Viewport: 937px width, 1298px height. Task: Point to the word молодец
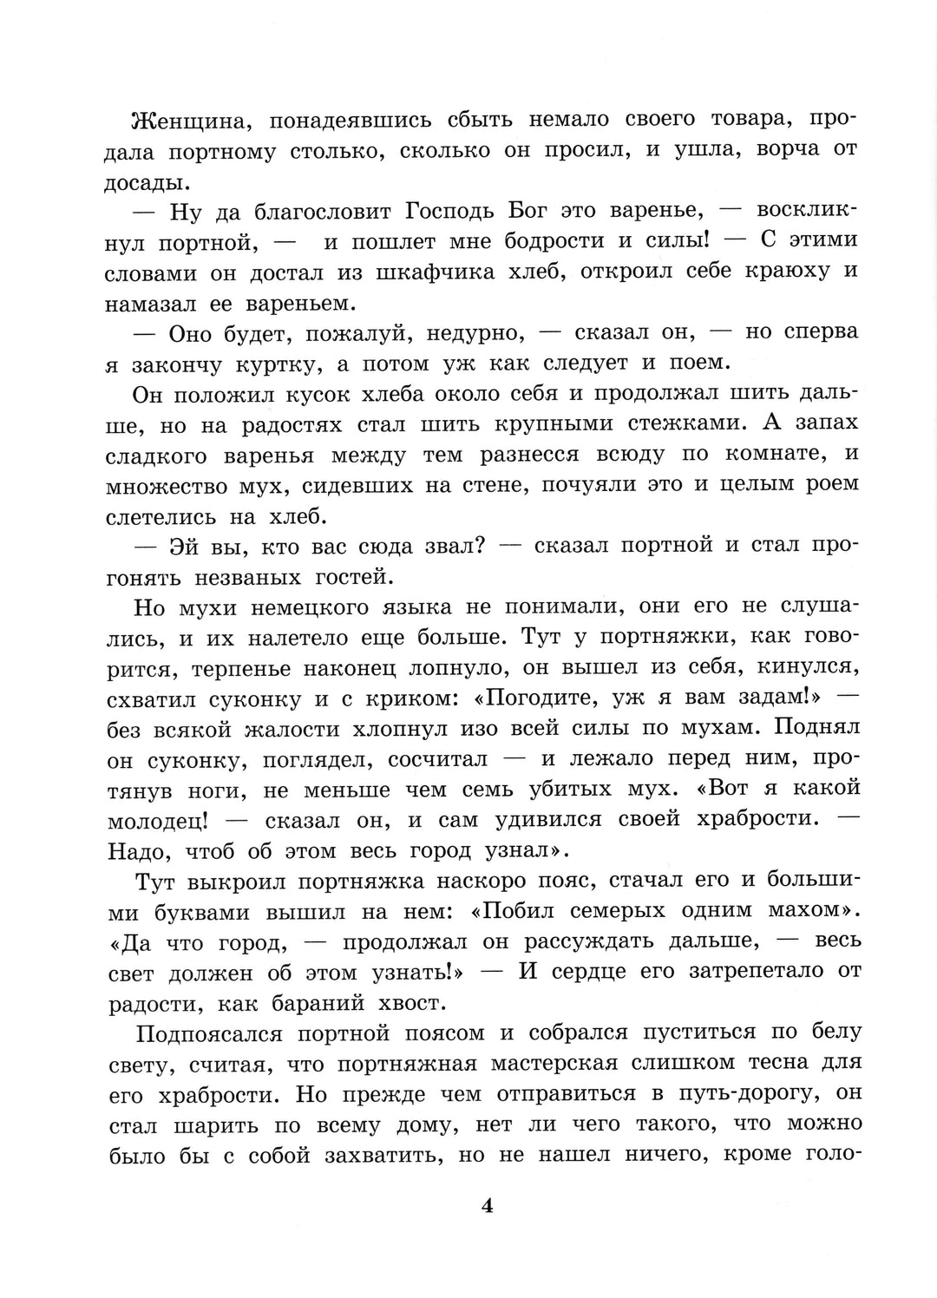[160, 820]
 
